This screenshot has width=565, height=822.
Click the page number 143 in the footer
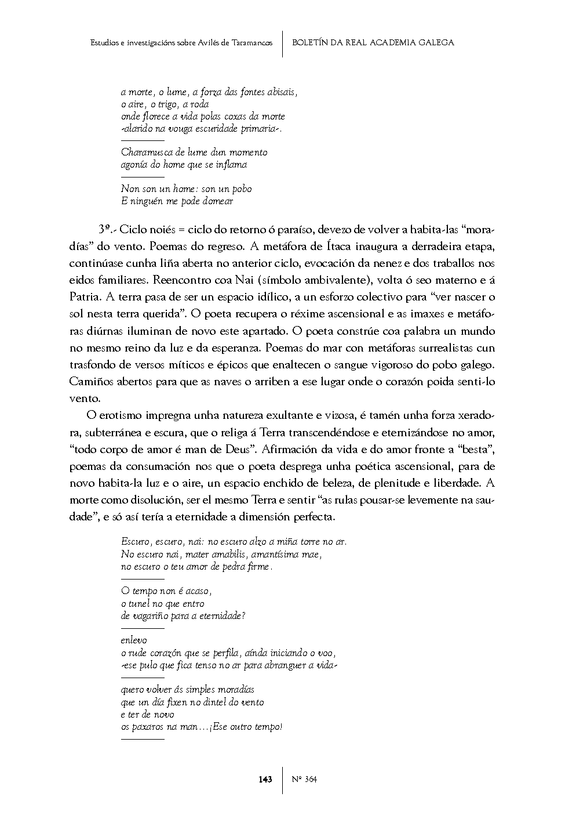(265, 779)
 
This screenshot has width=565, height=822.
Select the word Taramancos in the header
(251, 42)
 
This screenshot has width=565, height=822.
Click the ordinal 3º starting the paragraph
(104, 230)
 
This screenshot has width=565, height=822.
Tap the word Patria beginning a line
(86, 297)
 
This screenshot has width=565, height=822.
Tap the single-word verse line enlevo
(134, 640)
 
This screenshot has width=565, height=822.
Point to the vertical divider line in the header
(283, 44)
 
